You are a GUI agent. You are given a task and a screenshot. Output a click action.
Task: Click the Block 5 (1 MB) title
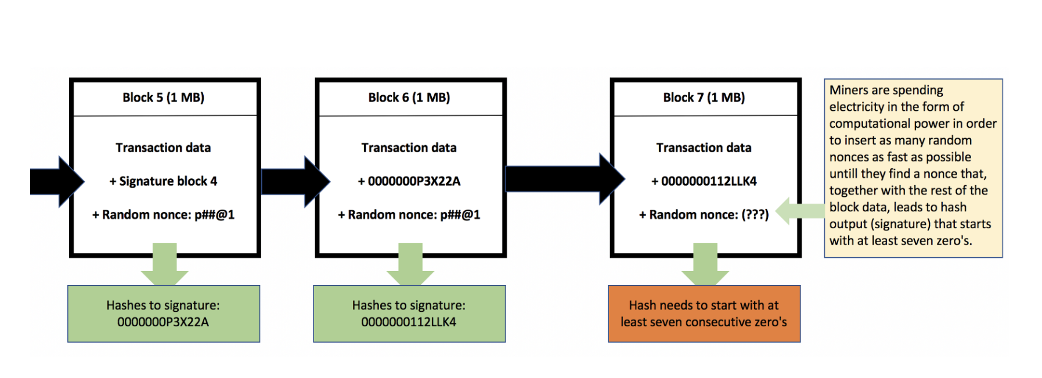(163, 98)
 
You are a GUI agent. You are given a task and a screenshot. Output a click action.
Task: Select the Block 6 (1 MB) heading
(409, 98)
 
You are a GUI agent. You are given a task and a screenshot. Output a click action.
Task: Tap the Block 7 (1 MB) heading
(704, 98)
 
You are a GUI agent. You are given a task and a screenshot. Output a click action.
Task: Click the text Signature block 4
(168, 181)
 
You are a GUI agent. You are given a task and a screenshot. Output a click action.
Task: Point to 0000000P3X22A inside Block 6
(414, 181)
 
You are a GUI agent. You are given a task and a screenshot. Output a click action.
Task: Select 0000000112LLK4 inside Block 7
(709, 181)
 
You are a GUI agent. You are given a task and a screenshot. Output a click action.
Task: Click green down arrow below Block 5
(164, 264)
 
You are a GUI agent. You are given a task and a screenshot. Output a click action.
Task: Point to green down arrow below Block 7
(705, 264)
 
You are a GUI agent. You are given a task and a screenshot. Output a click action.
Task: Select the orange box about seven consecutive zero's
(704, 314)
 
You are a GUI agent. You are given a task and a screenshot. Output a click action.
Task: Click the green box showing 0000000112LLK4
(409, 314)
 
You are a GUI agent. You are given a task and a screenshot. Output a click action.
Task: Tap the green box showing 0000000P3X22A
(163, 314)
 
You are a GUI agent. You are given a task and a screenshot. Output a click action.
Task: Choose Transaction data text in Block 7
(704, 148)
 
